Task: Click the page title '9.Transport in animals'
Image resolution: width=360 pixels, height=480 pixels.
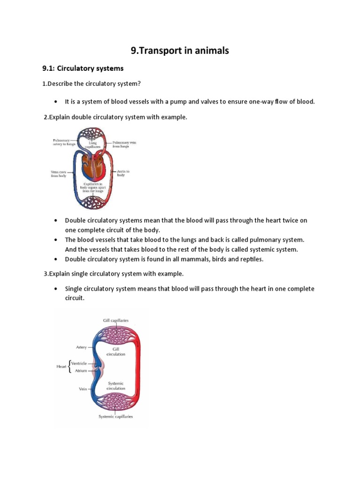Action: [180, 50]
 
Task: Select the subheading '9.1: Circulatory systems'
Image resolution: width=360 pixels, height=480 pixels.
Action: [83, 68]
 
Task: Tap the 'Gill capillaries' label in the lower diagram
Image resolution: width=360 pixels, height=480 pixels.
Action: [116, 320]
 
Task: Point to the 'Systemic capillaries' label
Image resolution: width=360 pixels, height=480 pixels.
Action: [115, 416]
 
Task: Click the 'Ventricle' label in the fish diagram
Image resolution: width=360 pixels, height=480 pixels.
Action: [79, 363]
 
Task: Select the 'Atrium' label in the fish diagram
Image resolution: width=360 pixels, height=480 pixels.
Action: [79, 370]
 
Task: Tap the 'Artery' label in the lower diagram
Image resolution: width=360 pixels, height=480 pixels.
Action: [81, 347]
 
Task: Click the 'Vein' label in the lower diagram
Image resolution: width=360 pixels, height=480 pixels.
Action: [82, 389]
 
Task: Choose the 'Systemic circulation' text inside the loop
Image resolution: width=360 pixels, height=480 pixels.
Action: [116, 386]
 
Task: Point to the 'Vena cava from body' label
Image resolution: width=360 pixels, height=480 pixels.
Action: [59, 174]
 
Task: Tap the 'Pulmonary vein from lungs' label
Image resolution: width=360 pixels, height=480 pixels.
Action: [124, 144]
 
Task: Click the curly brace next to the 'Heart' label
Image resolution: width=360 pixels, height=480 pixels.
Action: [69, 367]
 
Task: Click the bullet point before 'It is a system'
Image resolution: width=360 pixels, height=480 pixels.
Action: [56, 102]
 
